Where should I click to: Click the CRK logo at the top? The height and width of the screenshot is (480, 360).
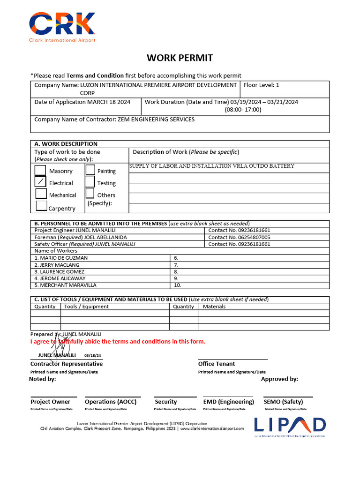pos(62,27)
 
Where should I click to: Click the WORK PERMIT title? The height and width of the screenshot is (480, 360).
pos(180,58)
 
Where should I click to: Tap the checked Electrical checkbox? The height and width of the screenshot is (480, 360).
pos(41,182)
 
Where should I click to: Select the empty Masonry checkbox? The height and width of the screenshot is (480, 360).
pos(41,170)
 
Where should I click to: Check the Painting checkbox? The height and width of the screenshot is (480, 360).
pos(90,170)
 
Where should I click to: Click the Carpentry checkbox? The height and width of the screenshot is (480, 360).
pos(41,205)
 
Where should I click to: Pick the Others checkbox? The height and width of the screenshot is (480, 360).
pos(90,194)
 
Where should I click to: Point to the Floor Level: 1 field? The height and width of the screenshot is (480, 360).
pos(261,85)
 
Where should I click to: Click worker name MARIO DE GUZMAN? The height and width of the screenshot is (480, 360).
pos(61,258)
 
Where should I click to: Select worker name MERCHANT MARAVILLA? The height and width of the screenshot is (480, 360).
pos(65,285)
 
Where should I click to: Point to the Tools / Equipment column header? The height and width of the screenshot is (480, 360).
pos(86,307)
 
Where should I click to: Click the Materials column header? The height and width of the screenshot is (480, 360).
pos(214,307)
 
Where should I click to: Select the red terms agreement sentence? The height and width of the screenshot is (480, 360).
pos(118,341)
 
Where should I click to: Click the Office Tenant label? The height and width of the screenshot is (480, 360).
pos(216,364)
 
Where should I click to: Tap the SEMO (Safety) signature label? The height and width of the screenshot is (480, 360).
pos(283,402)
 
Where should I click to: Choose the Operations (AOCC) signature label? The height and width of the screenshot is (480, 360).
pos(111,402)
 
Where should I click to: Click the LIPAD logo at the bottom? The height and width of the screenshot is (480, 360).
pos(290,425)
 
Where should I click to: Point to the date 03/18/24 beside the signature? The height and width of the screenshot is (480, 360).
pos(92,356)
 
